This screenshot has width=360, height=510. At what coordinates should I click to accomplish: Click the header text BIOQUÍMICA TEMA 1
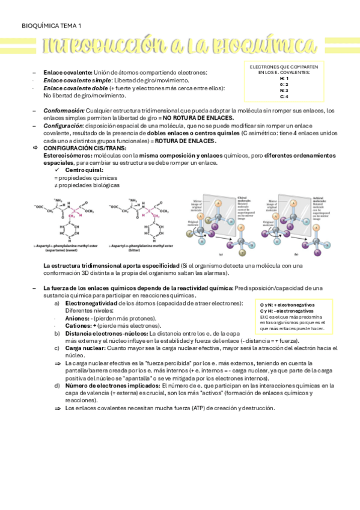coord(51,25)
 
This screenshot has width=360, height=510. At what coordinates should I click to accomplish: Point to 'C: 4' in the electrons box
coord(284,96)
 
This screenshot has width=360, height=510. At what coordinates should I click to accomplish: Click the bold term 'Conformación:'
coord(64,111)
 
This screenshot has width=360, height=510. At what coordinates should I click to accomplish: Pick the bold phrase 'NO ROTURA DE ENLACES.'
coord(198,118)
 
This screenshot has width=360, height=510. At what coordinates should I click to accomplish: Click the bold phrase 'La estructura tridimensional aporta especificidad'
coord(111,265)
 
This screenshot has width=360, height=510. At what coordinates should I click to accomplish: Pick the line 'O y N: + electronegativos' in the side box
coord(287,305)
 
